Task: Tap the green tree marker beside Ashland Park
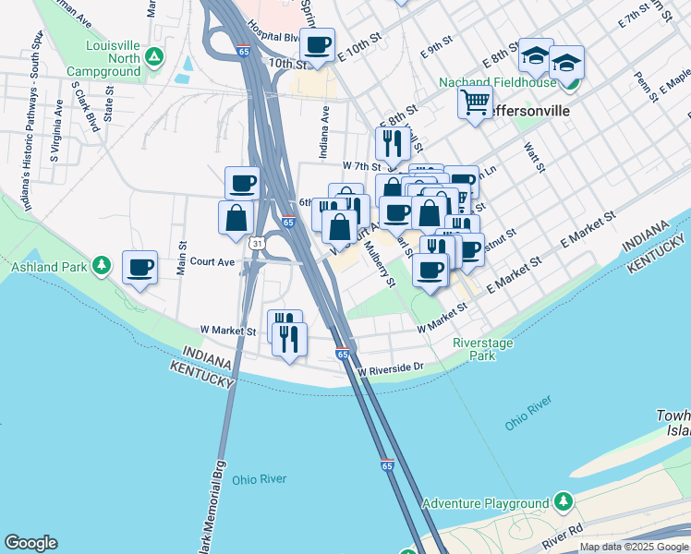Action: [x=102, y=267]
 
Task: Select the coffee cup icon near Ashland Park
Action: [x=139, y=268]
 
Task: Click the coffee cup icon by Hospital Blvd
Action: [x=318, y=44]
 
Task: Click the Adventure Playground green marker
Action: [x=563, y=503]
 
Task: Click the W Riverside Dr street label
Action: [x=390, y=367]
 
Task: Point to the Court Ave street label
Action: [x=212, y=262]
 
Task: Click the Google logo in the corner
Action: [x=31, y=543]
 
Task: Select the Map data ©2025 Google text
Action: [x=634, y=548]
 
